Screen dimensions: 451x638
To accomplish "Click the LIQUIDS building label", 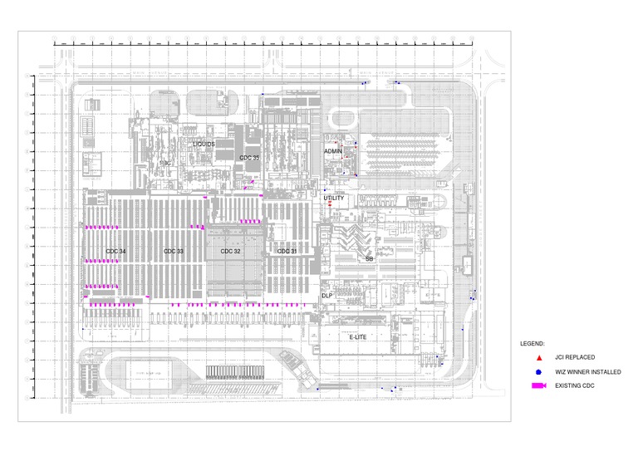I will click(x=204, y=144).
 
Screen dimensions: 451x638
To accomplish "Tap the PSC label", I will click(x=165, y=164).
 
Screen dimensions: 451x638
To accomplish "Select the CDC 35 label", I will click(x=249, y=157).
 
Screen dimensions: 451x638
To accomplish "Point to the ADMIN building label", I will click(x=332, y=151).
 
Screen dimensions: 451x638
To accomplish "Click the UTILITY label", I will click(x=334, y=198).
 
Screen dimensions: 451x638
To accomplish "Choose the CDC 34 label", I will click(x=115, y=251).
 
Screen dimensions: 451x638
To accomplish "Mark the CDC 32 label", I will click(x=230, y=251).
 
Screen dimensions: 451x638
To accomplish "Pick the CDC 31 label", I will click(x=287, y=251).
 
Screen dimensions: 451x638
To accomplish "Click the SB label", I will click(x=370, y=259).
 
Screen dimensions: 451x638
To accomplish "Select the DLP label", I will click(x=327, y=296).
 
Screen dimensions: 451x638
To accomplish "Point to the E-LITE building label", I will click(x=358, y=337).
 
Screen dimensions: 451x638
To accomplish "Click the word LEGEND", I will click(x=532, y=343).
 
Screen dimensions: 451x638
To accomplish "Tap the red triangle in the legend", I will click(x=539, y=357).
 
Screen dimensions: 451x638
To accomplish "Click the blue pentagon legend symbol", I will click(x=539, y=371).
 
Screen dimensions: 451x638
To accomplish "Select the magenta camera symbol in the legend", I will click(x=539, y=385).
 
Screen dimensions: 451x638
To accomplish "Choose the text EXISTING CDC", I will click(x=576, y=385).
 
